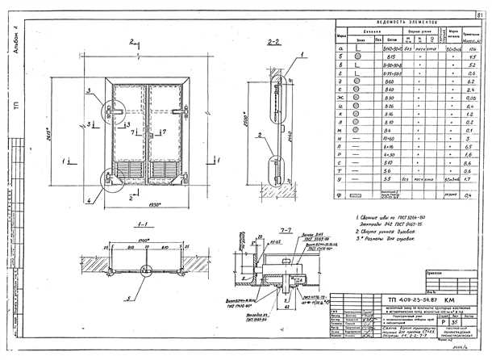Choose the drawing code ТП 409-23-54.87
click(x=407, y=300)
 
